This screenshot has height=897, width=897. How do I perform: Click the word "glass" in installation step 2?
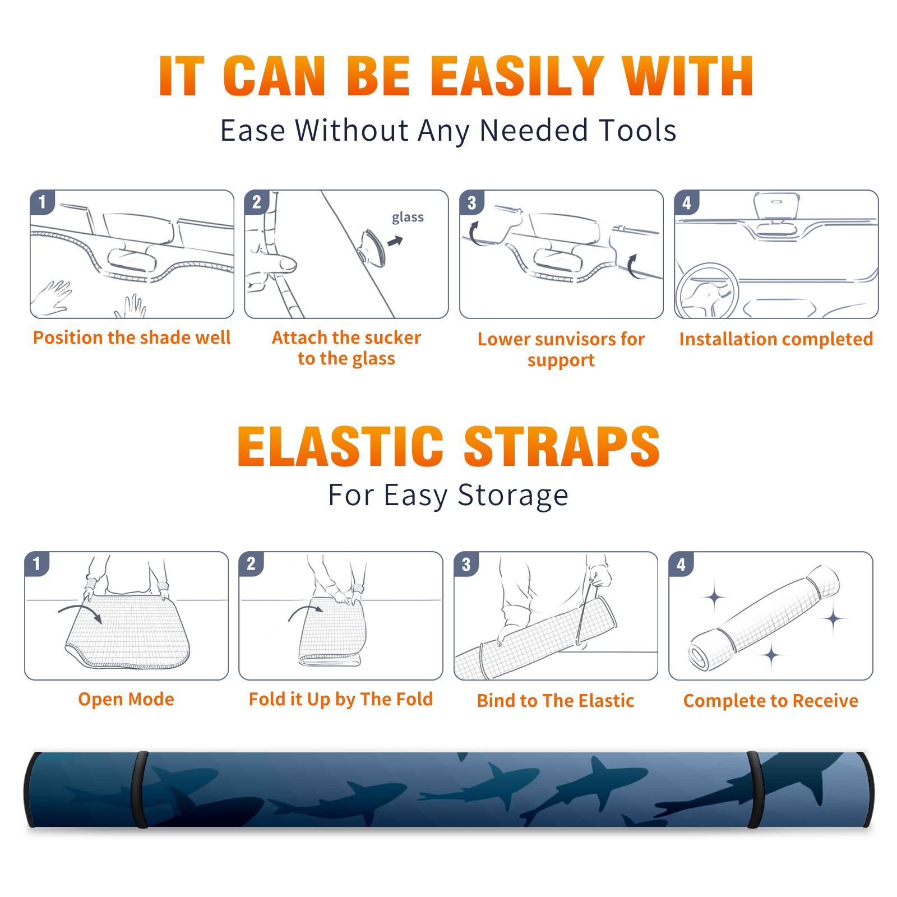pos(408,218)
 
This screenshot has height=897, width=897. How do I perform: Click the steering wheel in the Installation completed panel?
pos(707,291)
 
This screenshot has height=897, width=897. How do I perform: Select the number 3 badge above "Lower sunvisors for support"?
pos(471,202)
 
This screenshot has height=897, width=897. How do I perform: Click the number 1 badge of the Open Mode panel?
pos(37,563)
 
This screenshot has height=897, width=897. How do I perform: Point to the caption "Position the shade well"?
pos(132,337)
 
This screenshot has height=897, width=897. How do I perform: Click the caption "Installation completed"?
pos(776,339)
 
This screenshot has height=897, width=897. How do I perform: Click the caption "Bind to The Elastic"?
pos(556,701)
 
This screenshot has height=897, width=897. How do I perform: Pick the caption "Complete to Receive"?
pos(771,701)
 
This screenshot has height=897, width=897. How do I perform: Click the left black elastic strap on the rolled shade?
pos(140,789)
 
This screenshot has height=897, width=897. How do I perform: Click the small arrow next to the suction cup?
pos(395,241)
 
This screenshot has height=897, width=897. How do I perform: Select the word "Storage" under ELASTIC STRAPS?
pos(513,496)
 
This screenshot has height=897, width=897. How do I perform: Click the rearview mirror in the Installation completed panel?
pos(777,206)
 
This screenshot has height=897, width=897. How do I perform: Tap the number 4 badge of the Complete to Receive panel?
pos(681,563)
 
